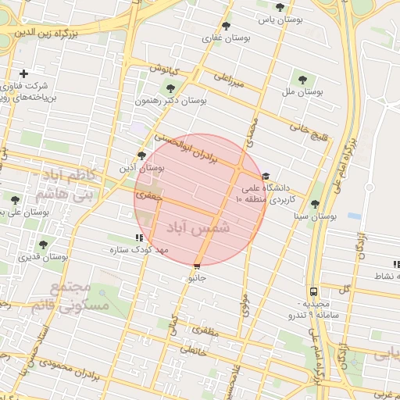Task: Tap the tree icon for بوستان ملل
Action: tap(302, 79)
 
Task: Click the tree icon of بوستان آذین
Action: tap(141, 155)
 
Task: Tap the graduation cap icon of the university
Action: tap(266, 177)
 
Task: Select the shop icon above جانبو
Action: tap(196, 266)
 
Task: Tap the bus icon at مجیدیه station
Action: tap(313, 291)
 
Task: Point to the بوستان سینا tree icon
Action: tap(315, 203)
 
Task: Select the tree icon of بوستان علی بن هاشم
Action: tap(15, 200)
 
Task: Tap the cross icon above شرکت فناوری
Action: tap(24, 73)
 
